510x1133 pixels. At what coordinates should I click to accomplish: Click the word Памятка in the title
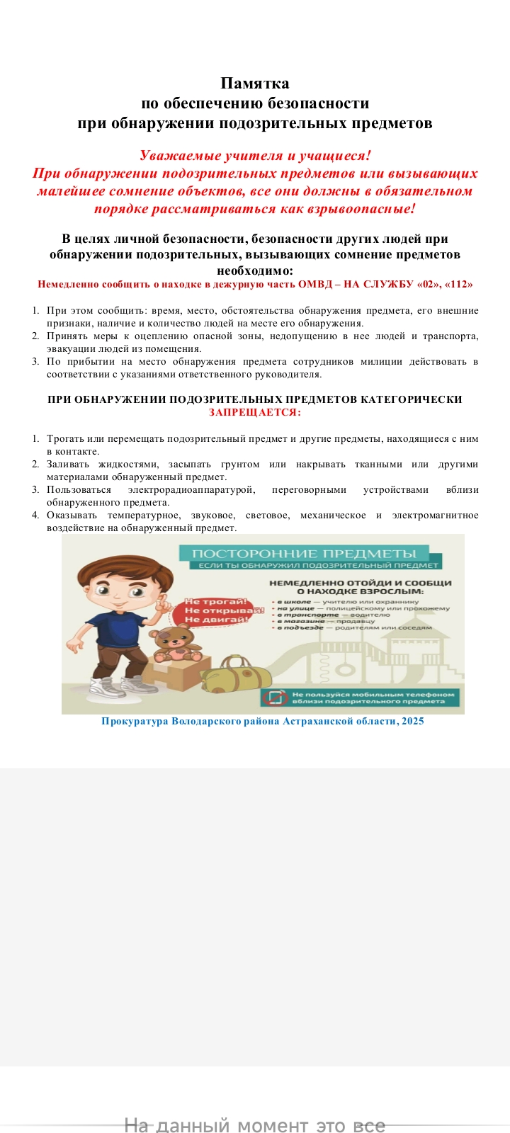pos(255,84)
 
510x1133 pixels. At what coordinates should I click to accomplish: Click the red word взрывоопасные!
pos(358,208)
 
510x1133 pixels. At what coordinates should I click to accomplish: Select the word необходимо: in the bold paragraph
pos(254,270)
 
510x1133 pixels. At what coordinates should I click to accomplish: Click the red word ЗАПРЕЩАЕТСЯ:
pos(255,411)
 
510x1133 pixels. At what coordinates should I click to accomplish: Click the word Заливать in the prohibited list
pos(69,464)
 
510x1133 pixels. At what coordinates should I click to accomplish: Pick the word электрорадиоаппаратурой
pos(191,489)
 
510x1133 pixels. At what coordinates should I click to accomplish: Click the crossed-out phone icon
pos(274,698)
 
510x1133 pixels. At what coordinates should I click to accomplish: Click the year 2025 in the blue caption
pos(412,721)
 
